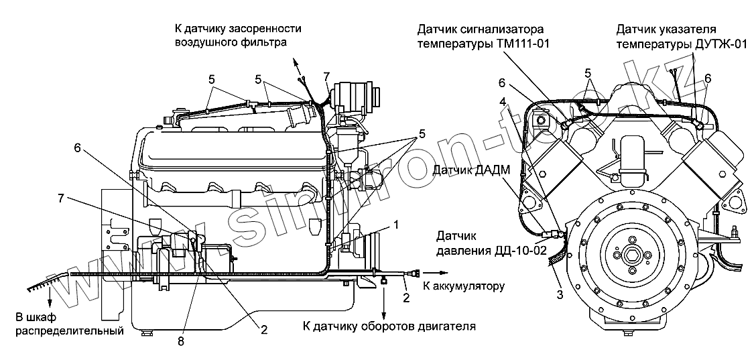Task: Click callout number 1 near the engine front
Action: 396,226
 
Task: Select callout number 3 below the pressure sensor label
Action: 560,294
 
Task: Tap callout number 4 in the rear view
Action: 503,103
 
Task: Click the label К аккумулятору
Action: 462,286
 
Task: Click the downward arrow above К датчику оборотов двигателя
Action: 384,314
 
